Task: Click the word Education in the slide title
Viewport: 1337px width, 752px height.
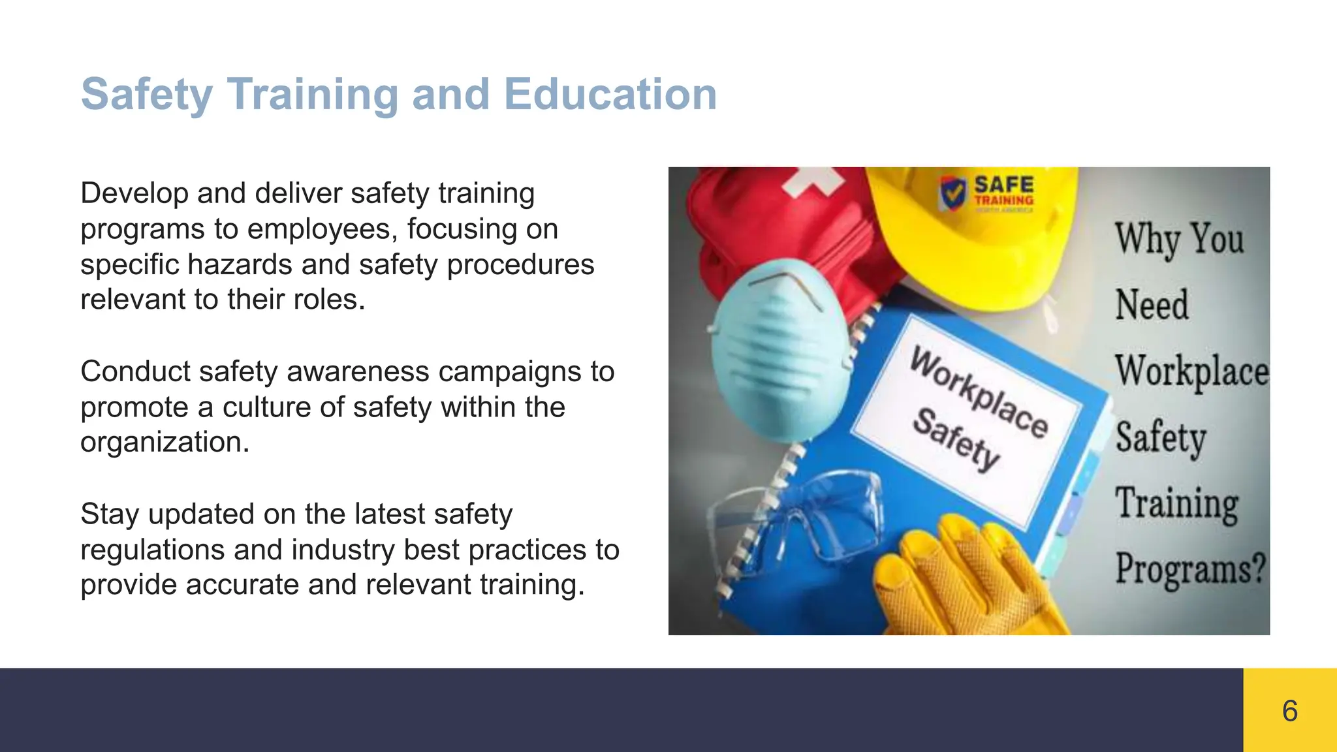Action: (610, 94)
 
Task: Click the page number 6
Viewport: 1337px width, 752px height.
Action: (1289, 710)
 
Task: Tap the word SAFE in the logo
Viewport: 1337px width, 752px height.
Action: (1003, 184)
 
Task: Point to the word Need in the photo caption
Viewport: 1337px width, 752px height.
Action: (1152, 305)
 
